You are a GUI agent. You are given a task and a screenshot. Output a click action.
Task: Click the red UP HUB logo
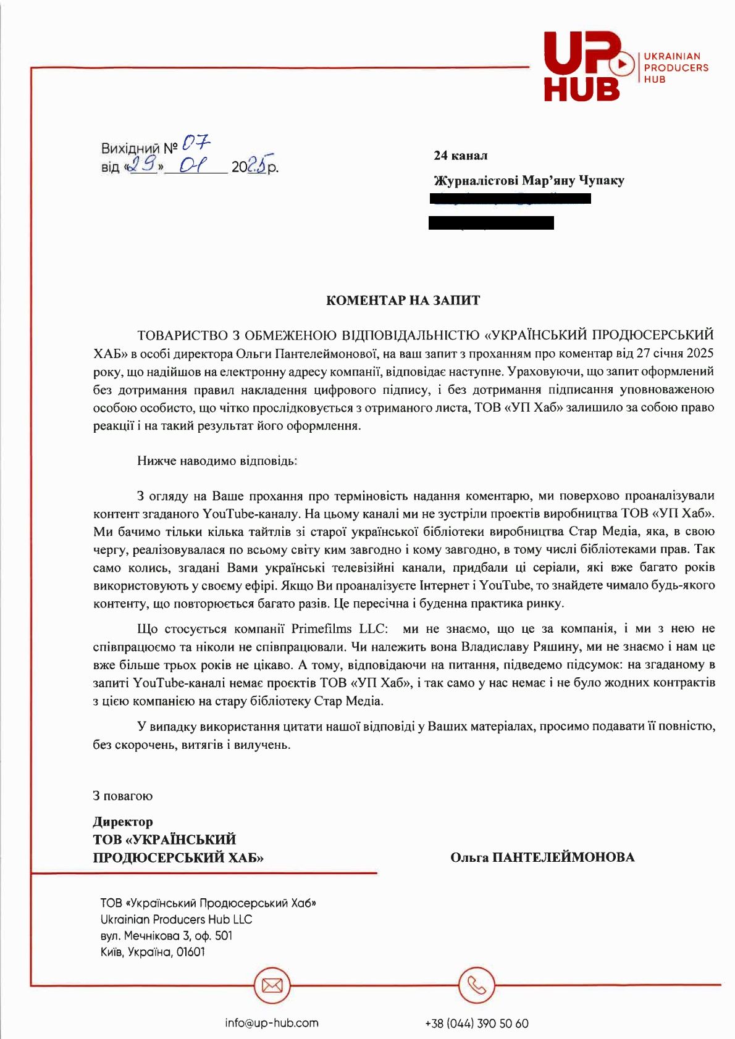pyautogui.click(x=584, y=66)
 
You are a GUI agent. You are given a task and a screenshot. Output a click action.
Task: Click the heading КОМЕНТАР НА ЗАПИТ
pyautogui.click(x=403, y=301)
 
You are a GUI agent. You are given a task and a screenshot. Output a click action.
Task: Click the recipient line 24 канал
pyautogui.click(x=460, y=156)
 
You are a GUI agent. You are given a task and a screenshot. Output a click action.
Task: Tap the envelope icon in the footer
pyautogui.click(x=272, y=985)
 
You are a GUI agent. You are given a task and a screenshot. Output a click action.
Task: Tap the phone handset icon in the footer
pyautogui.click(x=476, y=985)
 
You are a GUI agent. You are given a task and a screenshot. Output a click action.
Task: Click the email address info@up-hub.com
pyautogui.click(x=272, y=1023)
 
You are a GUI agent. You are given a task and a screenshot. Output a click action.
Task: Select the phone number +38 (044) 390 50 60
pyautogui.click(x=476, y=1024)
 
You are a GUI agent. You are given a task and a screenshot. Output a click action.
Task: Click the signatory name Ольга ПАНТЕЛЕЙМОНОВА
pyautogui.click(x=542, y=857)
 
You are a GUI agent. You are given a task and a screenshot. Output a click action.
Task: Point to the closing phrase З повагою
pyautogui.click(x=122, y=796)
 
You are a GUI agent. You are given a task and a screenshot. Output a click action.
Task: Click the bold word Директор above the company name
pyautogui.click(x=122, y=822)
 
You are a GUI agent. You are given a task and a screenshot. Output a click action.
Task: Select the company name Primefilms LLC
pyautogui.click(x=340, y=629)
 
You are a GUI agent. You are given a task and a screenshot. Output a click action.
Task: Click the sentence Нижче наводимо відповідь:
pyautogui.click(x=217, y=461)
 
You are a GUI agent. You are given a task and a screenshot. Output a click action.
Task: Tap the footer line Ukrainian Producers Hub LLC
pyautogui.click(x=176, y=919)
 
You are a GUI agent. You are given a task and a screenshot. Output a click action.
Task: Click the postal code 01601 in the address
pyautogui.click(x=190, y=952)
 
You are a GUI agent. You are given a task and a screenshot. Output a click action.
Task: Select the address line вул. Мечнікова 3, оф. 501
pyautogui.click(x=166, y=936)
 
